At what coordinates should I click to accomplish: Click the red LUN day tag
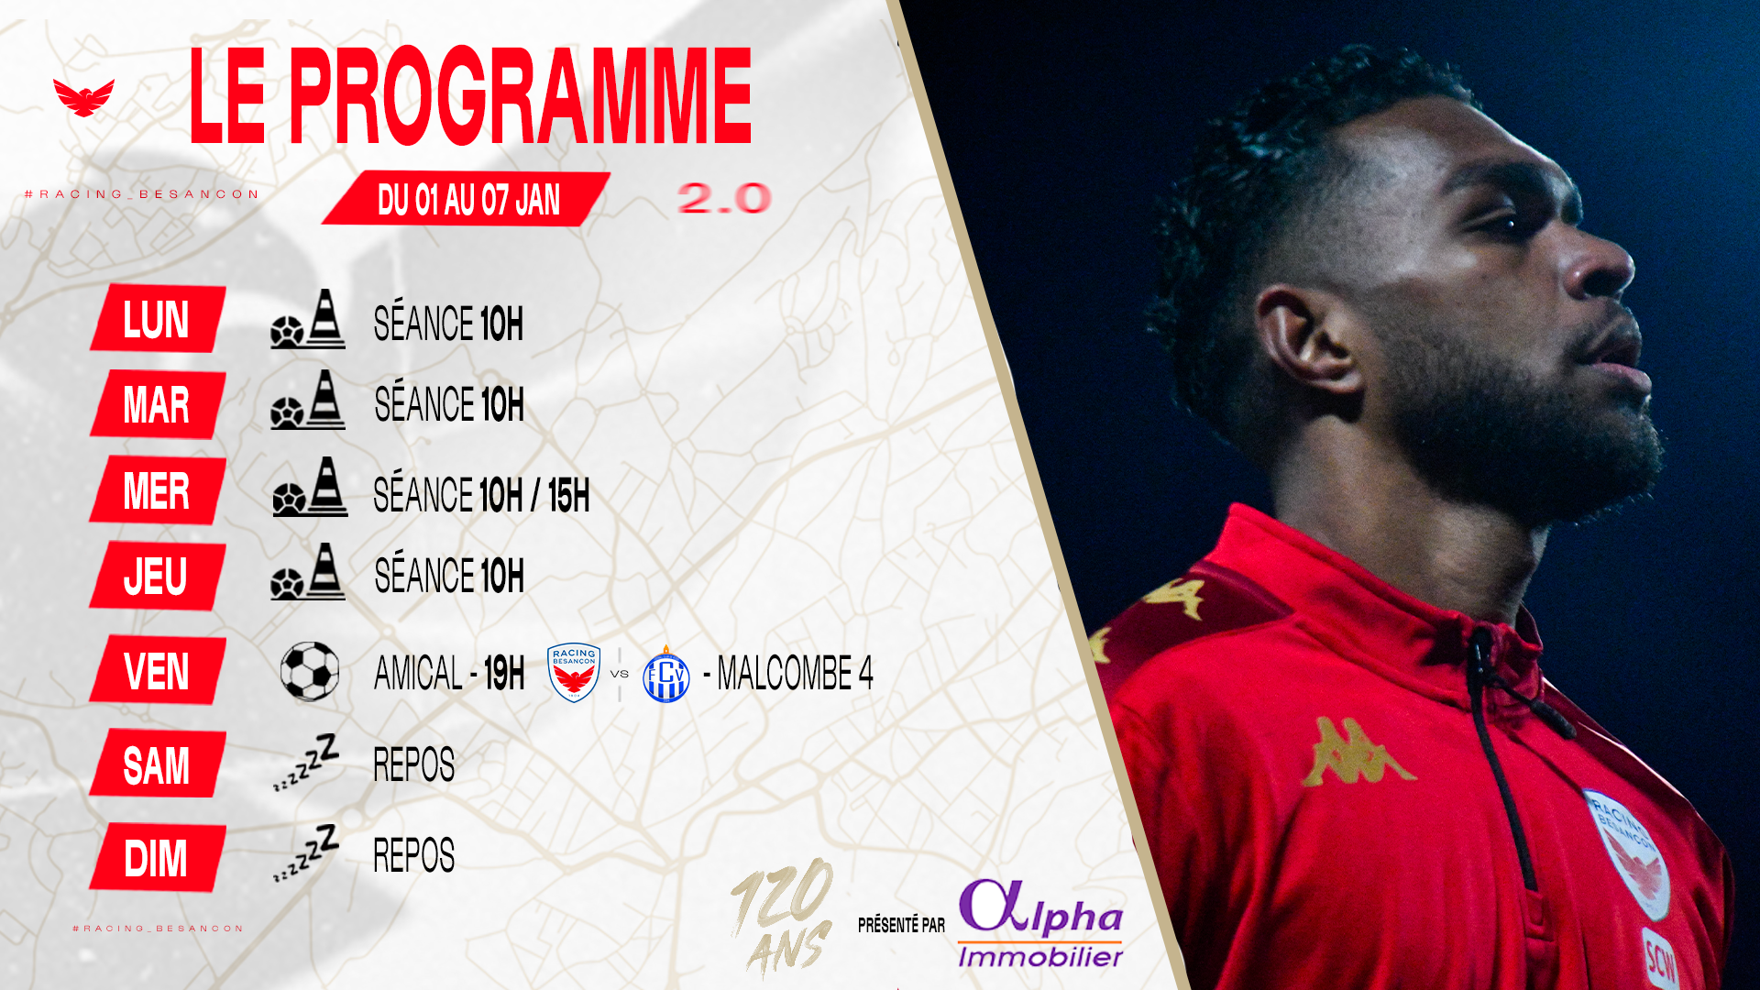[158, 318]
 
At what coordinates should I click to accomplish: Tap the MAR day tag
[158, 404]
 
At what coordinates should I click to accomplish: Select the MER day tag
[158, 489]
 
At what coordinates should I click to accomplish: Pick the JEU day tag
[158, 576]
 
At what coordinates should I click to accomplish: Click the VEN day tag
[158, 670]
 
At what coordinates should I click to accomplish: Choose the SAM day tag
[158, 764]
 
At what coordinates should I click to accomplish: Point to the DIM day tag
[158, 858]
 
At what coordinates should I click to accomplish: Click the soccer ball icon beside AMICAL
[310, 671]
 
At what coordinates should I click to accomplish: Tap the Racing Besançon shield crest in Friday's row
[574, 672]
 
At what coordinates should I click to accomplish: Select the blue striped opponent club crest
[666, 675]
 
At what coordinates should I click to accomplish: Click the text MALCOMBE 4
[795, 674]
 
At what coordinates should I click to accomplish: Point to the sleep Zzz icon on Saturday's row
[306, 762]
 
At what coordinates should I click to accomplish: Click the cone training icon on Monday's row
[308, 319]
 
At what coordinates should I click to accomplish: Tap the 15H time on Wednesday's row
[568, 496]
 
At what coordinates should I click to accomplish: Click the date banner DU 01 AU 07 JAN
[467, 199]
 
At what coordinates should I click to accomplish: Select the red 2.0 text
[724, 198]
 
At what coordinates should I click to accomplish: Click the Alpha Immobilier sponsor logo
[1040, 923]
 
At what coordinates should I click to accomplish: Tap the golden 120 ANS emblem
[782, 917]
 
